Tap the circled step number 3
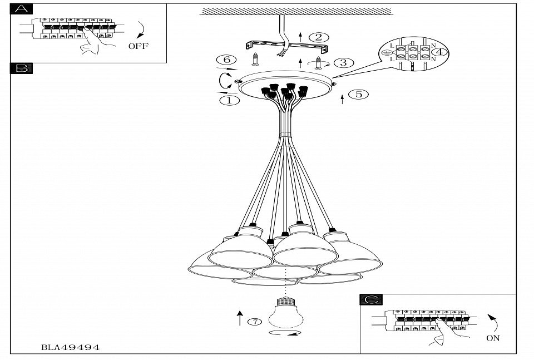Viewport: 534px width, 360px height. point(343,62)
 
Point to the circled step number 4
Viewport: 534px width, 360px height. point(440,52)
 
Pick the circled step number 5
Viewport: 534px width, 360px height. point(359,94)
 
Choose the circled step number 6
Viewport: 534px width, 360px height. point(222,60)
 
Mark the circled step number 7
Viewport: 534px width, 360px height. point(254,322)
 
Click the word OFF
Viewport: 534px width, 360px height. point(139,46)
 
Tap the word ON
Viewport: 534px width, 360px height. point(493,338)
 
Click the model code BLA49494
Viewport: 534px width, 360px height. point(71,347)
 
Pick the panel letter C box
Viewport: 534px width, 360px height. point(371,300)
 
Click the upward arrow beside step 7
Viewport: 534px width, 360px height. point(240,318)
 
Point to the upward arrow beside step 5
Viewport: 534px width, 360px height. point(342,100)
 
